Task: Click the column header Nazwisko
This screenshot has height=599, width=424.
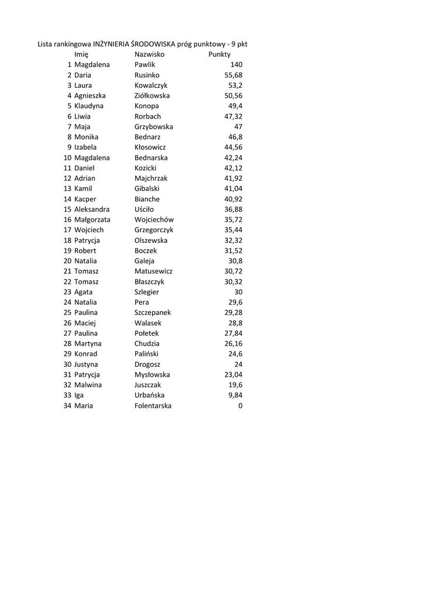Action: pos(149,54)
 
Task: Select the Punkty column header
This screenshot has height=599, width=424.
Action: pos(219,54)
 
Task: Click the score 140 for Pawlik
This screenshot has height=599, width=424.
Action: pos(236,65)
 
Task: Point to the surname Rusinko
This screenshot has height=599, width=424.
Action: pos(147,75)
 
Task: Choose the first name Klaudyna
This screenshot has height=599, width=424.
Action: pos(89,106)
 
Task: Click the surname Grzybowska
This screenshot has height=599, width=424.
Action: pos(154,127)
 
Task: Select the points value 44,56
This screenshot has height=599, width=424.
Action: pos(233,147)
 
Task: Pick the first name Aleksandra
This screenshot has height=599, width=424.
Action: pos(92,209)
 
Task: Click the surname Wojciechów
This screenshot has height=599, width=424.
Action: pos(154,220)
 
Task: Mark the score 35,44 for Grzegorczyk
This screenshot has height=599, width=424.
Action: pos(233,230)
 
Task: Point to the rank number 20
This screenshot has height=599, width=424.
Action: pos(67,261)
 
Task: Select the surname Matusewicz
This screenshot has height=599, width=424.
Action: pos(154,271)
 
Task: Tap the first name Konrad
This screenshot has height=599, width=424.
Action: pos(86,354)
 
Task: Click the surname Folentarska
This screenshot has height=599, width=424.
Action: pos(153,406)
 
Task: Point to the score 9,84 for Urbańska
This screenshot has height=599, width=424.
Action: pos(235,395)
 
